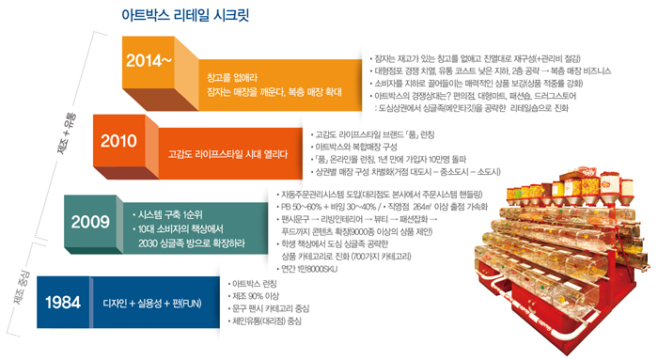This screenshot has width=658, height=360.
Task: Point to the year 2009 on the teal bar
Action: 90,222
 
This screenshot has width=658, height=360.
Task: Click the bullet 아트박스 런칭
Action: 258,283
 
